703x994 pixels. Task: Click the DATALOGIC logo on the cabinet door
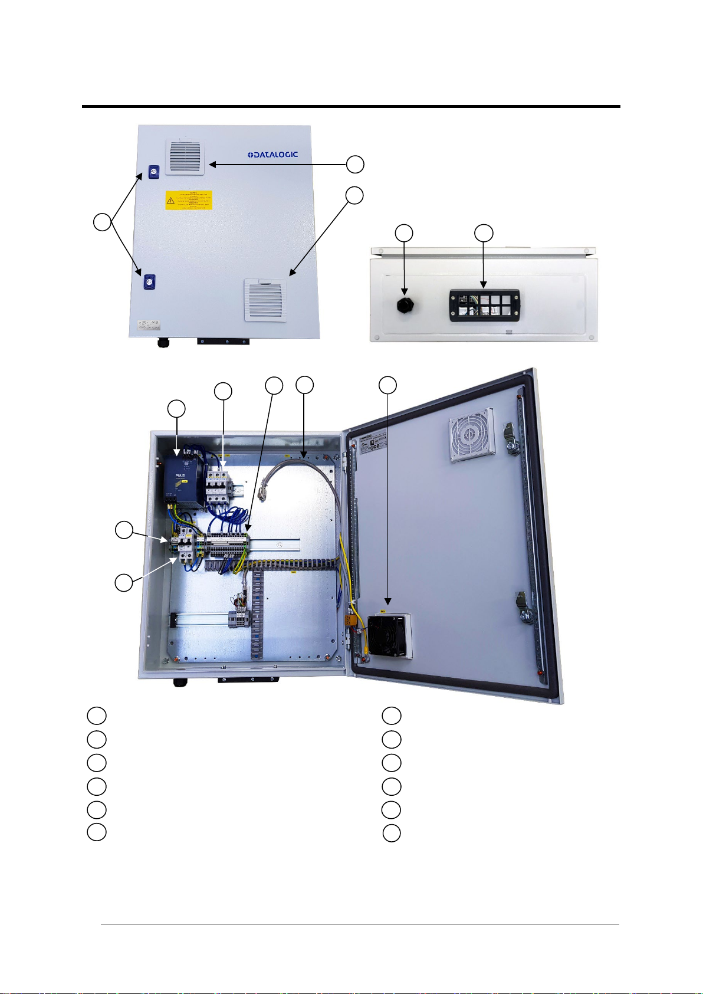(x=272, y=155)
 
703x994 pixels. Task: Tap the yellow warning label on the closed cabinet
(x=189, y=201)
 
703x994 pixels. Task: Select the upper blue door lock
(x=153, y=172)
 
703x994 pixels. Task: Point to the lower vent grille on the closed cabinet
(x=265, y=300)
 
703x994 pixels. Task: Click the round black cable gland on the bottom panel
(x=405, y=305)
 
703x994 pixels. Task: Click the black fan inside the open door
(x=387, y=635)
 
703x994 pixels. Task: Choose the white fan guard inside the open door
(x=470, y=436)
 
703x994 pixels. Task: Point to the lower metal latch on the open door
(x=525, y=609)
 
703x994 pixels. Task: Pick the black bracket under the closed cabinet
(x=222, y=342)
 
